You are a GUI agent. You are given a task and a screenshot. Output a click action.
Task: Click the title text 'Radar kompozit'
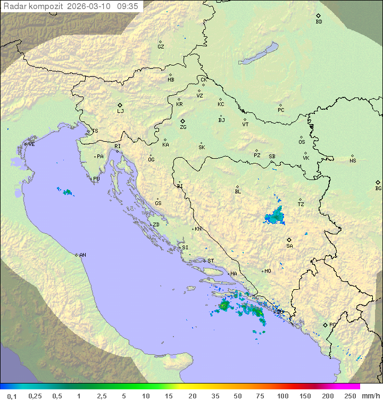33,6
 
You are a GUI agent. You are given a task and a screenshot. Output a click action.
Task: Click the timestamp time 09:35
129,6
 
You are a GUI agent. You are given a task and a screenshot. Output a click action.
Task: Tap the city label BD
319,22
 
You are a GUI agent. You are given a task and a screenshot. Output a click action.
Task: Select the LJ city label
120,111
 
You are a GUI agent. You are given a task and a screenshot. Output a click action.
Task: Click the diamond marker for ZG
182,121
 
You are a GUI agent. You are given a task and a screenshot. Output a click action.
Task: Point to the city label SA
289,246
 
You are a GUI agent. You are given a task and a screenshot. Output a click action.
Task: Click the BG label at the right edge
378,188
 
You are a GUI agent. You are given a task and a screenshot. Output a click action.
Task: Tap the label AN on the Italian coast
82,255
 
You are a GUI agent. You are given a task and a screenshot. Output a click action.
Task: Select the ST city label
211,261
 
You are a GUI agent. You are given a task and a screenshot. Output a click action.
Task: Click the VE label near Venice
31,144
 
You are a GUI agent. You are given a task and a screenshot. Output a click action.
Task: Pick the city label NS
353,161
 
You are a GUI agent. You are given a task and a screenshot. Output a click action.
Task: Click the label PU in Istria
96,179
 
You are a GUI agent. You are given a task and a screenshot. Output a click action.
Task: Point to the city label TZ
301,204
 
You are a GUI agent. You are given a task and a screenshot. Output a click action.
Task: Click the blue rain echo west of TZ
275,216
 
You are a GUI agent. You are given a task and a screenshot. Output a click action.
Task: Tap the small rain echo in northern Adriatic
67,192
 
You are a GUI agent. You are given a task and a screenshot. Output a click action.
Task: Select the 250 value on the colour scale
349,396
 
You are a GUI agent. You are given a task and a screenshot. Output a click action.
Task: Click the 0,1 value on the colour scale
12,396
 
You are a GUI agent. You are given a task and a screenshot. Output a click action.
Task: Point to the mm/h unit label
370,396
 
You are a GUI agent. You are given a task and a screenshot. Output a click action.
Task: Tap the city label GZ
161,46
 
